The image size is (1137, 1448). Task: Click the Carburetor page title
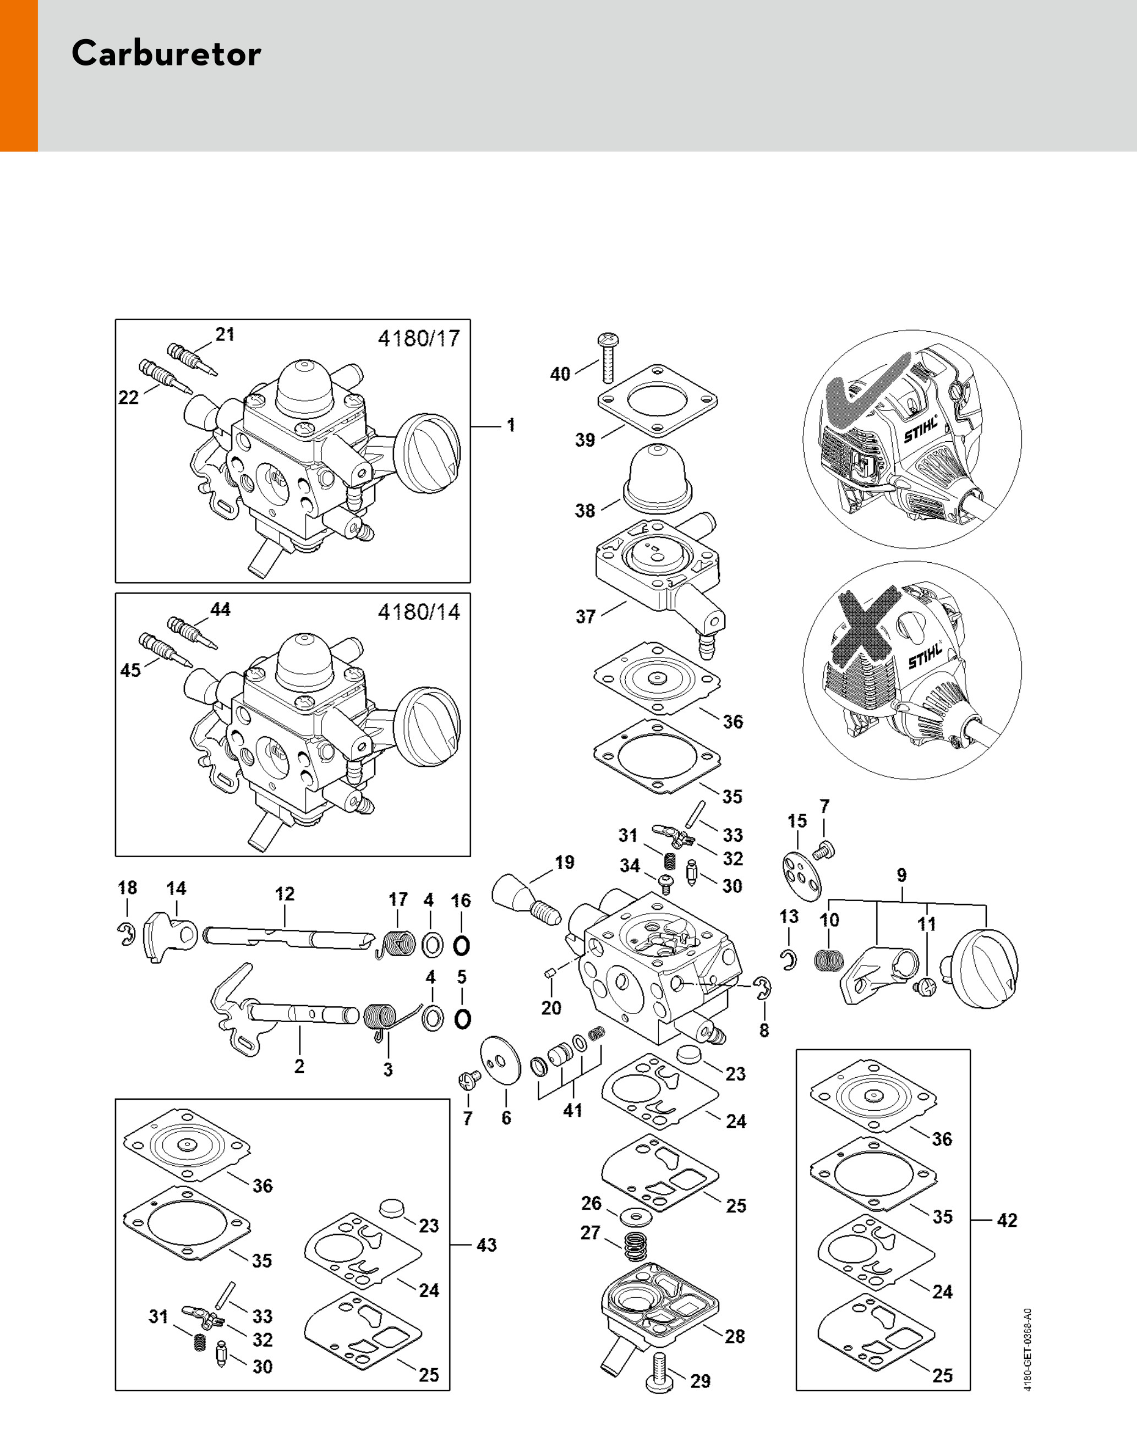(166, 53)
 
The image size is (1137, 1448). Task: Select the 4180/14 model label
(419, 612)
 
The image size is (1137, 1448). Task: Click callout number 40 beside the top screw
(560, 374)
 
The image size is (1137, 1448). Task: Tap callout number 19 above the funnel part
(564, 863)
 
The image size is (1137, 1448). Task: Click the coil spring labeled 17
(397, 943)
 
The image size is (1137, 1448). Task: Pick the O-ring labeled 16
(461, 945)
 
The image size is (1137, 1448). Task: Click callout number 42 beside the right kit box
(1007, 1220)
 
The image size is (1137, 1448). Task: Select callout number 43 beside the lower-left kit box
(486, 1244)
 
